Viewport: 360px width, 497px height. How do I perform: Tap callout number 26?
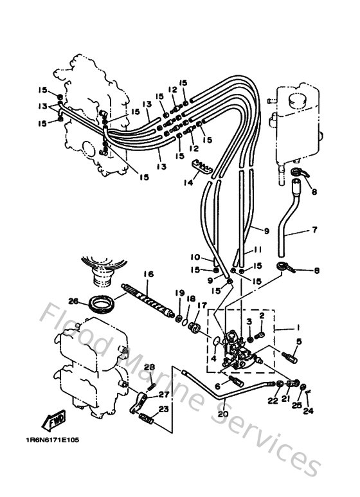click(73, 300)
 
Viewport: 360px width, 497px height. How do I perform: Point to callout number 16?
click(148, 274)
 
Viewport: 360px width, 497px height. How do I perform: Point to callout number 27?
click(163, 395)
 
